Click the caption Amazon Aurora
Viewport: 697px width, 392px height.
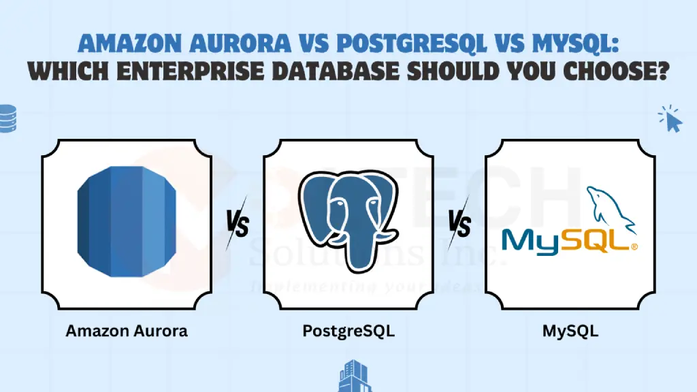pyautogui.click(x=127, y=332)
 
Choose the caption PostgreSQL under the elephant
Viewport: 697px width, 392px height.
pyautogui.click(x=348, y=332)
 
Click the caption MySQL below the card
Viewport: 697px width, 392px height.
pyautogui.click(x=570, y=332)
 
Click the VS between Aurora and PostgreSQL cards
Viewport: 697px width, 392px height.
pyautogui.click(x=237, y=222)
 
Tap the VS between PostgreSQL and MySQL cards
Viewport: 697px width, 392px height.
pyautogui.click(x=459, y=223)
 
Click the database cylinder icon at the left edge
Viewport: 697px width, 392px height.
pyautogui.click(x=7, y=118)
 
